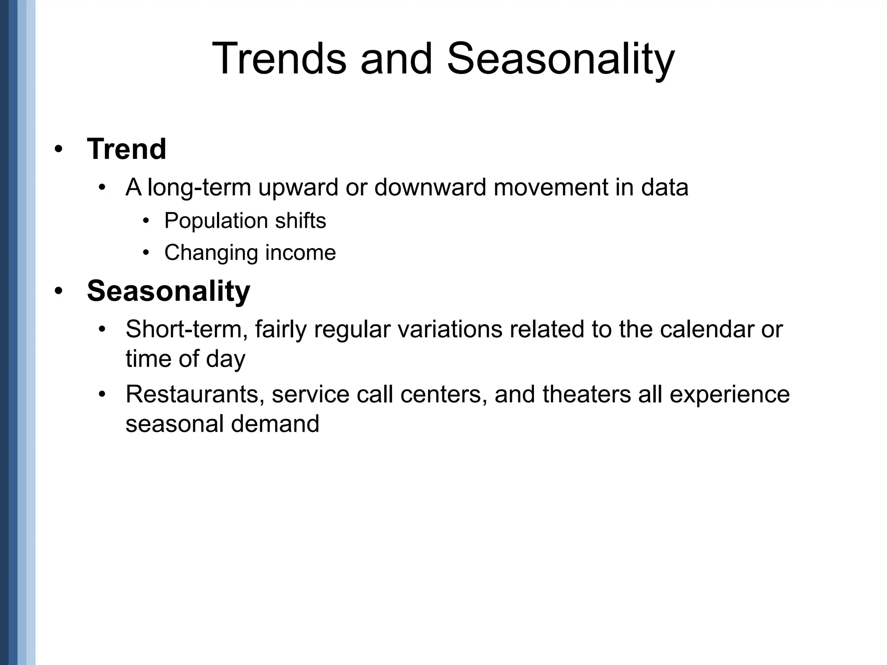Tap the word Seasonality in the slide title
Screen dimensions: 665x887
(560, 59)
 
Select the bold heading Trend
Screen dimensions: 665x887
(126, 149)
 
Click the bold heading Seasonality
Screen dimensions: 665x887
(168, 291)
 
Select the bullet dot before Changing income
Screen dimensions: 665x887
(146, 253)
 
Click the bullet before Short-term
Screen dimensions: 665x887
(102, 330)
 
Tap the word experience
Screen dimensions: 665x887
(730, 395)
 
